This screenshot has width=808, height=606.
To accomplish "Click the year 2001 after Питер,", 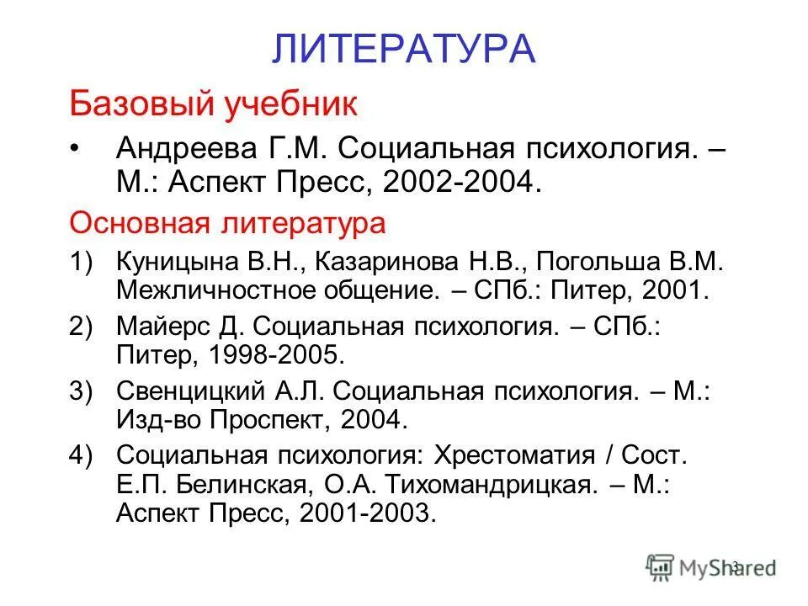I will pos(673,291).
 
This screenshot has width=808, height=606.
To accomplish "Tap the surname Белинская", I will pos(224,485).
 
